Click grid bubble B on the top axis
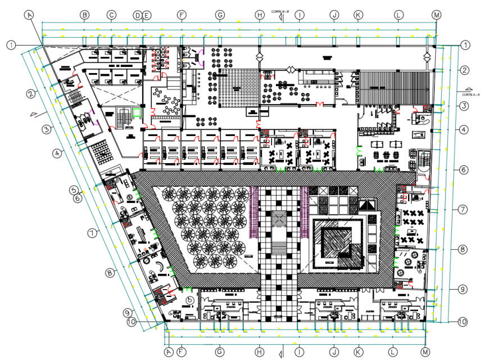click(x=84, y=15)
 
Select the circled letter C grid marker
click(x=112, y=15)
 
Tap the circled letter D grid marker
click(x=137, y=16)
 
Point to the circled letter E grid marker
click(x=146, y=16)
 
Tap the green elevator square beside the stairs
click(x=137, y=112)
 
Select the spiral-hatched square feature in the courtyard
click(x=338, y=241)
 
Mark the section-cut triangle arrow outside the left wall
click(x=35, y=114)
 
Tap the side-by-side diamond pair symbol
click(x=293, y=69)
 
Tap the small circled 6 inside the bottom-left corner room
click(x=190, y=300)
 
